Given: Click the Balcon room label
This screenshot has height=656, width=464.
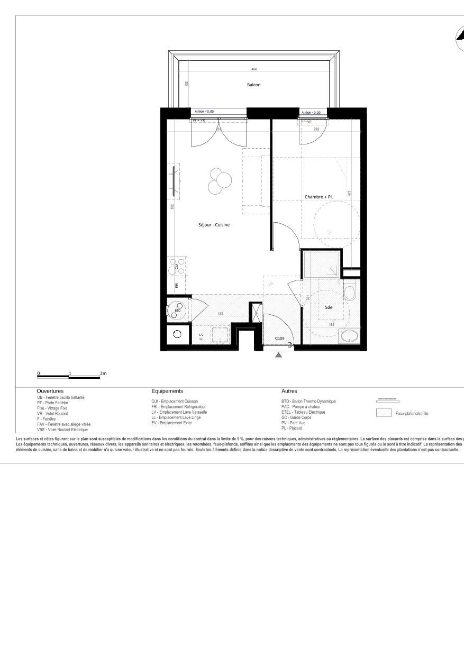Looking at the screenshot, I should pyautogui.click(x=254, y=85).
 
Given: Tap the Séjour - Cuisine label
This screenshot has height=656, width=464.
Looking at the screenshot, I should pyautogui.click(x=214, y=225).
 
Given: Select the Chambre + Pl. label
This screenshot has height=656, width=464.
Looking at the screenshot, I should pyautogui.click(x=319, y=197).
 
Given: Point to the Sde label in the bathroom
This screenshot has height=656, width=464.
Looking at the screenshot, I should pyautogui.click(x=329, y=307).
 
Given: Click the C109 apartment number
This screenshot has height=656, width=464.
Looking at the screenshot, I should pyautogui.click(x=280, y=339).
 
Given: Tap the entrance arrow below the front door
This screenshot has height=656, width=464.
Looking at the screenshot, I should pyautogui.click(x=278, y=355).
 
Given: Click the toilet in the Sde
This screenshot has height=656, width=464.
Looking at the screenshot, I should pyautogui.click(x=350, y=293).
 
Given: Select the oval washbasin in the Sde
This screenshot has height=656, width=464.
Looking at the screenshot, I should pyautogui.click(x=349, y=335).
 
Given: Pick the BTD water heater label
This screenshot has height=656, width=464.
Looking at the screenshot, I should pyautogui.click(x=178, y=311).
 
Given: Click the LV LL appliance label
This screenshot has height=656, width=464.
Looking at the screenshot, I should pyautogui.click(x=201, y=337).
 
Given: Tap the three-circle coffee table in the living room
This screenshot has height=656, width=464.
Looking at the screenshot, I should pyautogui.click(x=219, y=180).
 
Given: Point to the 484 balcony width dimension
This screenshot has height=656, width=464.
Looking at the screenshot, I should pyautogui.click(x=254, y=69).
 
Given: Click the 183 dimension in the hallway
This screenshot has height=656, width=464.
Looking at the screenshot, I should pyautogui.click(x=221, y=314).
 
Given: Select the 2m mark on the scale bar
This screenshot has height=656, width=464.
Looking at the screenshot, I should pyautogui.click(x=103, y=373).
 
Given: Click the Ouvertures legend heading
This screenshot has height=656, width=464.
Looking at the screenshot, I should pyautogui.click(x=50, y=391).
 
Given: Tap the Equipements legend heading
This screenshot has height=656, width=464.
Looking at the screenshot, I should pyautogui.click(x=167, y=391).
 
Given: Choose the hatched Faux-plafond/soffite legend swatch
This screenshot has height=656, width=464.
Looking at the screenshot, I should pyautogui.click(x=384, y=413).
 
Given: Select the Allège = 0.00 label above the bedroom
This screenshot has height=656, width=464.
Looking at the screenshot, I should pyautogui.click(x=311, y=113).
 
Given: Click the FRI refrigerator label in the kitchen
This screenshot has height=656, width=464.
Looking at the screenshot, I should pyautogui.click(x=177, y=285).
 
